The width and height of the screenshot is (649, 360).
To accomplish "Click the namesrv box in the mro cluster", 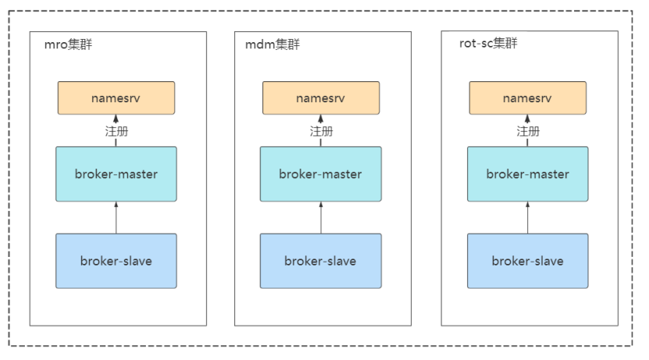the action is tap(116, 98).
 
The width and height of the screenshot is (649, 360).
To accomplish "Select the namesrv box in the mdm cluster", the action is tap(321, 98).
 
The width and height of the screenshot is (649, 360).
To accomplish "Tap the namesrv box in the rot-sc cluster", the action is tap(528, 98).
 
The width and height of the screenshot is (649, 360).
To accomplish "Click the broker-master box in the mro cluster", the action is tap(116, 174).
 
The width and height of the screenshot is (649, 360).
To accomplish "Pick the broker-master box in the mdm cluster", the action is tap(321, 174).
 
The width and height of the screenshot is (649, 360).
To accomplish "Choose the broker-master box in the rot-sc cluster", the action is tap(528, 174).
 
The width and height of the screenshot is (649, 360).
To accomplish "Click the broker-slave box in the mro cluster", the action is tap(116, 261).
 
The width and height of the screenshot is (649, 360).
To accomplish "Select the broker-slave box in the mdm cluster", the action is tap(321, 261).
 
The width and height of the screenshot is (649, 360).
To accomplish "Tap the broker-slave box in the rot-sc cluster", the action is tap(528, 261).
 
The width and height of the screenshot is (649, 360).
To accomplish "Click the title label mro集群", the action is tap(68, 45).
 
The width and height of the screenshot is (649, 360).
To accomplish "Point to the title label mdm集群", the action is tap(273, 45).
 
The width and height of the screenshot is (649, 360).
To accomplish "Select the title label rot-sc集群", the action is tap(488, 43).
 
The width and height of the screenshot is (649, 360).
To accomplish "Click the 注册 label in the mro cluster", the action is tap(116, 131).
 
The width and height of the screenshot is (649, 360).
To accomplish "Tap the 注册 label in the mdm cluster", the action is tap(321, 131).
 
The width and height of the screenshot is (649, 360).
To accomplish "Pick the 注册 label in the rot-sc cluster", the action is tap(528, 131).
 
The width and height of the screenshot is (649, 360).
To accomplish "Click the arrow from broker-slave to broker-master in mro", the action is tap(116, 218).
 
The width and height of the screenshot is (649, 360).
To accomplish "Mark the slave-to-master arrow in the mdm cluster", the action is tap(321, 218).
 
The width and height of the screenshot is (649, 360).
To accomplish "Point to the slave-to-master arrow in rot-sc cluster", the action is tap(527, 218).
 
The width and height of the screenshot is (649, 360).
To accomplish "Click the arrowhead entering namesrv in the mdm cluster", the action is tap(320, 119).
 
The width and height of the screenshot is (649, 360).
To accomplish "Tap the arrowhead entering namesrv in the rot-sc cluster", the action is tap(527, 119).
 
